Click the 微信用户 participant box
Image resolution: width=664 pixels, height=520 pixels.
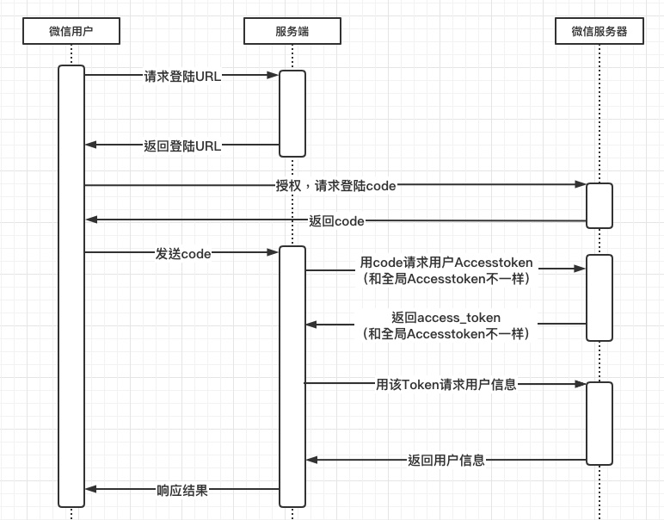(x=71, y=32)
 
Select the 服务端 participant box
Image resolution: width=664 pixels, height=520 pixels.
(x=292, y=32)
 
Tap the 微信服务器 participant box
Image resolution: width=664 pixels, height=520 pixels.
(x=599, y=32)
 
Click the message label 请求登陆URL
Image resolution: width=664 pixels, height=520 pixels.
(x=182, y=76)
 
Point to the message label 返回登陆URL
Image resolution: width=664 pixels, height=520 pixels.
(x=182, y=145)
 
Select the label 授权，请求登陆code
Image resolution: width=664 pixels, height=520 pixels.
(x=335, y=185)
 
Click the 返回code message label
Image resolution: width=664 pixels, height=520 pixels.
(x=336, y=221)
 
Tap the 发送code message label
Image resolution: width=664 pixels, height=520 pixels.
(x=183, y=253)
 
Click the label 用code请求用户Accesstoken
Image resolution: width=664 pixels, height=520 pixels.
(x=446, y=262)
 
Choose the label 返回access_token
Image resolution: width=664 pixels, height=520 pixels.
(x=446, y=317)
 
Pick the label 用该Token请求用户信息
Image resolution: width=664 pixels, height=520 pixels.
(x=446, y=385)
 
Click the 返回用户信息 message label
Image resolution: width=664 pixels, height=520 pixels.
(x=446, y=461)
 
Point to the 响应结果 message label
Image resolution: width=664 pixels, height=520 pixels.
(x=182, y=490)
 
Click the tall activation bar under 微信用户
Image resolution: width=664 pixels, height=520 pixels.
(x=71, y=284)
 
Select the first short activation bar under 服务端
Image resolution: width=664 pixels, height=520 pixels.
(x=292, y=113)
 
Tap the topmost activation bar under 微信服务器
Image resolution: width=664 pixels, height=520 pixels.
(x=599, y=206)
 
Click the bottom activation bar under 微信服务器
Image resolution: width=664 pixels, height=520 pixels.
(x=599, y=423)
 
